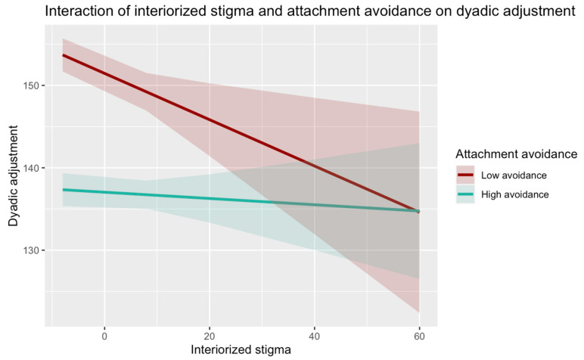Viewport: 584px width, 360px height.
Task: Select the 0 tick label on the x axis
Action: click(x=104, y=336)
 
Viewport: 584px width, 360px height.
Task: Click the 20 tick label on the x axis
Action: click(x=210, y=336)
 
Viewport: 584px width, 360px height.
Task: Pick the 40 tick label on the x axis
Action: click(x=315, y=336)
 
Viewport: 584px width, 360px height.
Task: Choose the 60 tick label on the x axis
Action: click(x=419, y=336)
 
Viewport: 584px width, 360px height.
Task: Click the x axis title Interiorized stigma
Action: click(x=241, y=350)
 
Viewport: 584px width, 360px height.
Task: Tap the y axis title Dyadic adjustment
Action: click(x=13, y=175)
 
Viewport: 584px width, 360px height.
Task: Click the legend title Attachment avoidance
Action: click(x=516, y=154)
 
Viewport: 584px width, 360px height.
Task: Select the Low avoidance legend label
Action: click(x=514, y=175)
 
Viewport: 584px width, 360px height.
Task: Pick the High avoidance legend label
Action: click(x=514, y=194)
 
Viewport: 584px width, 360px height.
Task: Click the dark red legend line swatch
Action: click(x=465, y=175)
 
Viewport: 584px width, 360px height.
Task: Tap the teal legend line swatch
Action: click(x=465, y=194)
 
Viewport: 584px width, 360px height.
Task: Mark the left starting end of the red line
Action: click(x=63, y=55)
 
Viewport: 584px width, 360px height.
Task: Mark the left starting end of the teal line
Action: click(x=63, y=190)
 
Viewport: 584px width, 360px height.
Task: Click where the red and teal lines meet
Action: click(x=418, y=211)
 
